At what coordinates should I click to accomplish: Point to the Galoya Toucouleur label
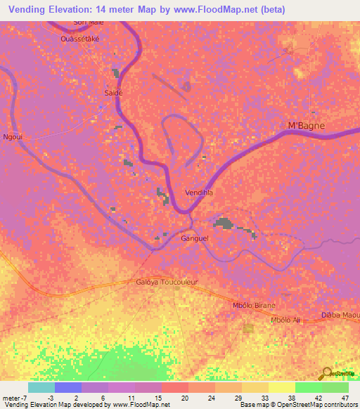[x=167, y=283]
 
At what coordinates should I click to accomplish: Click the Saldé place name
[x=114, y=92]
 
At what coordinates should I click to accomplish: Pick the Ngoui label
[x=13, y=137]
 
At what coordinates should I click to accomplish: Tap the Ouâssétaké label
[x=79, y=39]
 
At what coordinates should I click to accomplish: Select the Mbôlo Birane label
[x=254, y=306]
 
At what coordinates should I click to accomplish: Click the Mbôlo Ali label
[x=285, y=320]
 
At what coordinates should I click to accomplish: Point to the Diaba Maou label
[x=340, y=315]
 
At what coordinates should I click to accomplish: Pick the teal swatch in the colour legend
[x=41, y=387]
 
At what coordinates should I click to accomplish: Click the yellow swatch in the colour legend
[x=282, y=387]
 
